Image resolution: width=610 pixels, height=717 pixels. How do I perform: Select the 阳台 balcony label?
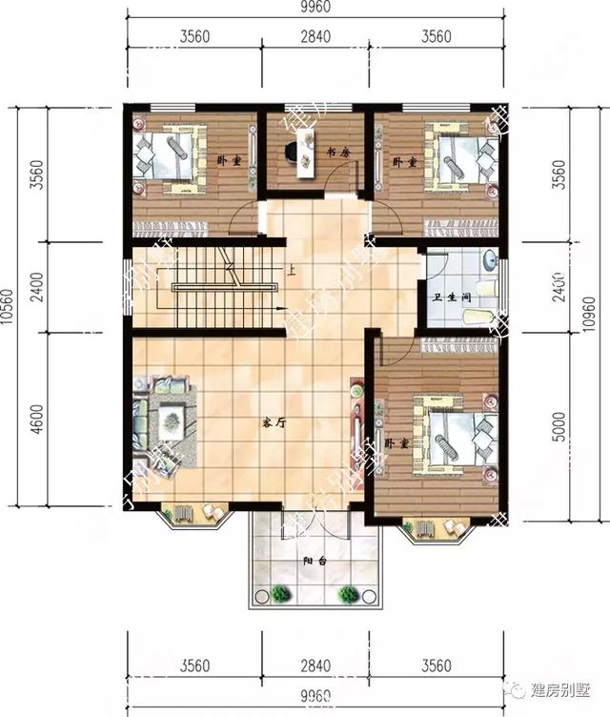point(316,562)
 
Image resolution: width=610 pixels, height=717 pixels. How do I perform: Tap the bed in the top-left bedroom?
point(170,154)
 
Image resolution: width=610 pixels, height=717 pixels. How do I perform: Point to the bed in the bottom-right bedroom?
point(449,440)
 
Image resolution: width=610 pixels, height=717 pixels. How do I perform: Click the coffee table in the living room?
point(171,418)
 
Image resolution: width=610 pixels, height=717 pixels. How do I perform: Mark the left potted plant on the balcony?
point(279,593)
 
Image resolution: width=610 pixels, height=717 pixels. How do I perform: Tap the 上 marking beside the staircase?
point(290,271)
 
